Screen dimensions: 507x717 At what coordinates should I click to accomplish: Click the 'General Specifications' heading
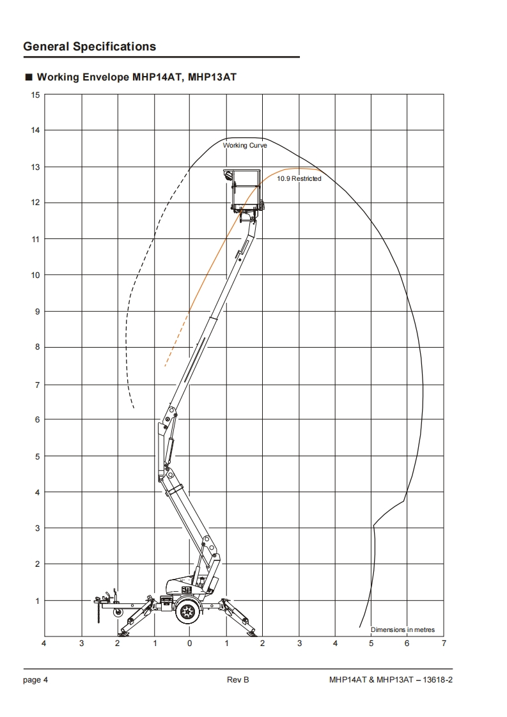pyautogui.click(x=90, y=47)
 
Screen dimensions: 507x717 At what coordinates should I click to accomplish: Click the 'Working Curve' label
pyautogui.click(x=245, y=146)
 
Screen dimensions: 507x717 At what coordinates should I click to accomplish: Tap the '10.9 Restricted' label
pyautogui.click(x=299, y=179)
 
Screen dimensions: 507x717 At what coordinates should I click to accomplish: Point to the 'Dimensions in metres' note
pyautogui.click(x=403, y=629)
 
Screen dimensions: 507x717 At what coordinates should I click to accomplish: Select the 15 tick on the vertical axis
pyautogui.click(x=35, y=95)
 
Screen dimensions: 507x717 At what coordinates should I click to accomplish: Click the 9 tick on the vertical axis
pyautogui.click(x=38, y=312)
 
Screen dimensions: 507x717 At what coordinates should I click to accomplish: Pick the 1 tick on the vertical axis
pyautogui.click(x=38, y=601)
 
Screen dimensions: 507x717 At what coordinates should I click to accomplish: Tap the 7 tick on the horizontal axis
pyautogui.click(x=444, y=644)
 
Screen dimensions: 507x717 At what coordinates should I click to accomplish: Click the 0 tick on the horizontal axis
pyautogui.click(x=190, y=644)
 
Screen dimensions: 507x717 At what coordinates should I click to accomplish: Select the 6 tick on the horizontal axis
pyautogui.click(x=407, y=644)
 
